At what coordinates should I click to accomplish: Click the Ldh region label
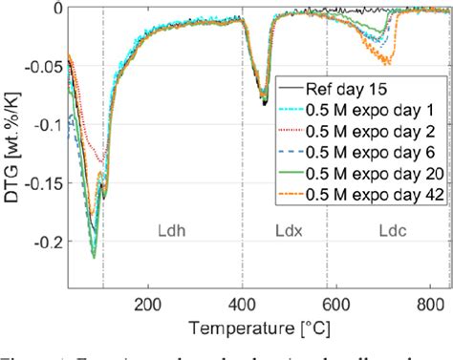tap(173, 258)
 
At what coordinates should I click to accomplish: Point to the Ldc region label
tap(393, 258)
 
